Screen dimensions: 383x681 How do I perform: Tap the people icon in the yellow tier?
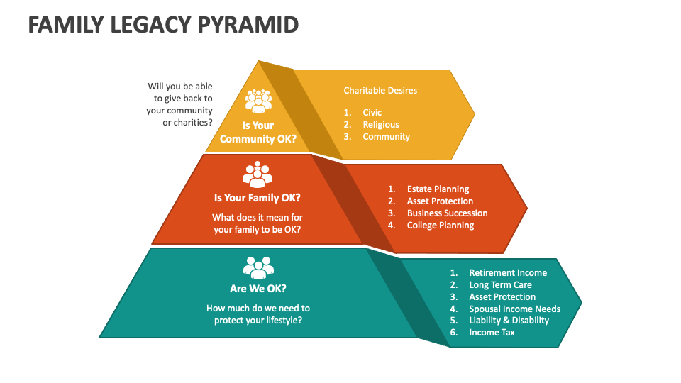point(258,101)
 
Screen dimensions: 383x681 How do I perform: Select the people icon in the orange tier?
point(258,174)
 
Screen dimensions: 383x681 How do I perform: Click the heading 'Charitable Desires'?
point(380,90)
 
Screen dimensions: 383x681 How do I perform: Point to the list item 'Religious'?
point(381,125)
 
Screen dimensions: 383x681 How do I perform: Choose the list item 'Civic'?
point(372,113)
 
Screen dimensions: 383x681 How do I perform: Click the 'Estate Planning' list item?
point(438,189)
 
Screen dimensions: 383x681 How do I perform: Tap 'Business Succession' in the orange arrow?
point(447,213)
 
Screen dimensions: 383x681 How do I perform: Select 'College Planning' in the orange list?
point(440,226)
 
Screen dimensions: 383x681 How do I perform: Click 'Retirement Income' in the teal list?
point(508,273)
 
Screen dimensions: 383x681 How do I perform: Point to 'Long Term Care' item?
point(500,285)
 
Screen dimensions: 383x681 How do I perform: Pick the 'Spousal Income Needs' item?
point(514,309)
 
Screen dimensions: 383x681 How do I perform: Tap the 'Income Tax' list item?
point(492,333)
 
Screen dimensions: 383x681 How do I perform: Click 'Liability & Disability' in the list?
point(509,321)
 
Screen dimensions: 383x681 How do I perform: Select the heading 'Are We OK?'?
point(258,289)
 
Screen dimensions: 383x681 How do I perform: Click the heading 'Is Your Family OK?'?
point(258,198)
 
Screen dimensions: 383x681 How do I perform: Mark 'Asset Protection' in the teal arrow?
point(502,297)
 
